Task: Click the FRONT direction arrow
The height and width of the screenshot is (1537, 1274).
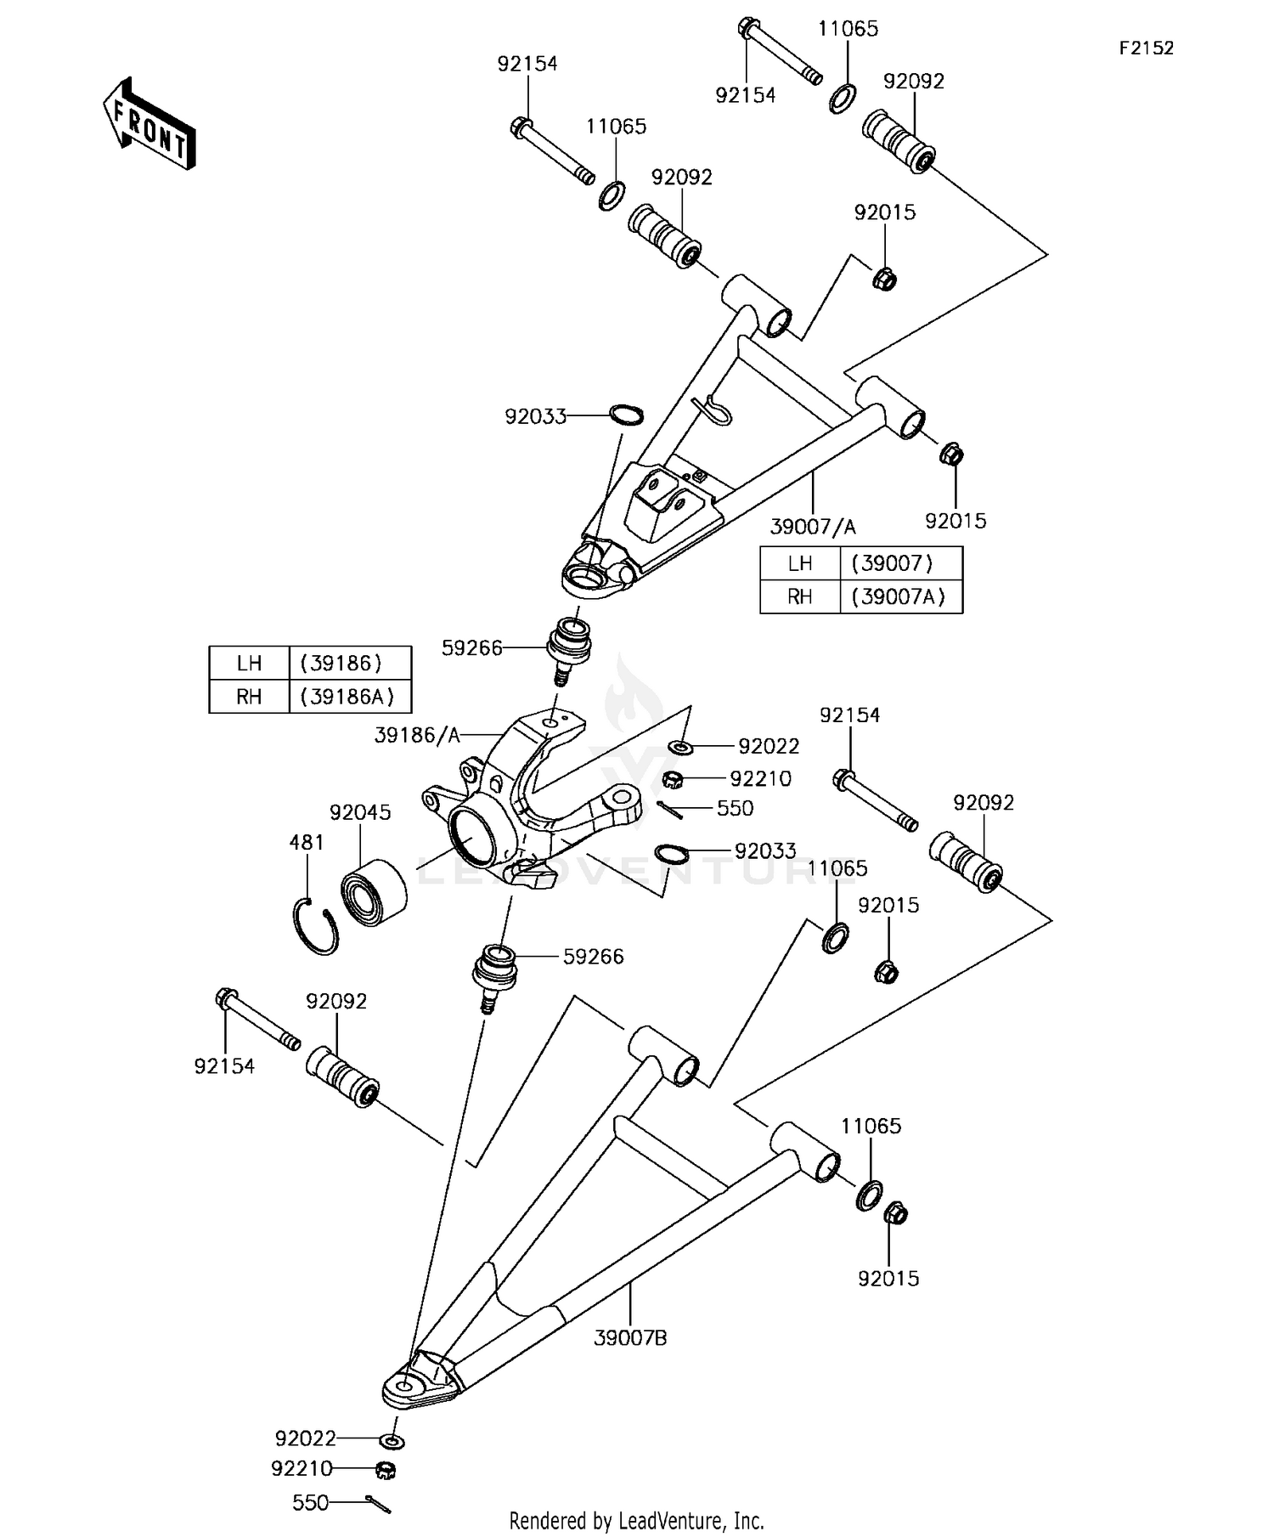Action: point(149,125)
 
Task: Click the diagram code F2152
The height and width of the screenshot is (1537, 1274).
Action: point(1146,48)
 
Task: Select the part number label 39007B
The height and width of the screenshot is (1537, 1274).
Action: point(630,1338)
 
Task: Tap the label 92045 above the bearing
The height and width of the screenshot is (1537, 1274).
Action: point(360,812)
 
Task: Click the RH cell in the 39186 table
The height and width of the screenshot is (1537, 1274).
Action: point(249,697)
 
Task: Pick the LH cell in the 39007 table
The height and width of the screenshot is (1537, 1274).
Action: point(800,562)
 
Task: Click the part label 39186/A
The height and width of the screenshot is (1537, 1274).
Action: point(417,735)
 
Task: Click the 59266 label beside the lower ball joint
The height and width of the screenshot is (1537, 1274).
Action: point(593,957)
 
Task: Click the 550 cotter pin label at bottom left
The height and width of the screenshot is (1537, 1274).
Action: point(310,1479)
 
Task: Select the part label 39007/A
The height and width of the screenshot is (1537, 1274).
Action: point(813,527)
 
